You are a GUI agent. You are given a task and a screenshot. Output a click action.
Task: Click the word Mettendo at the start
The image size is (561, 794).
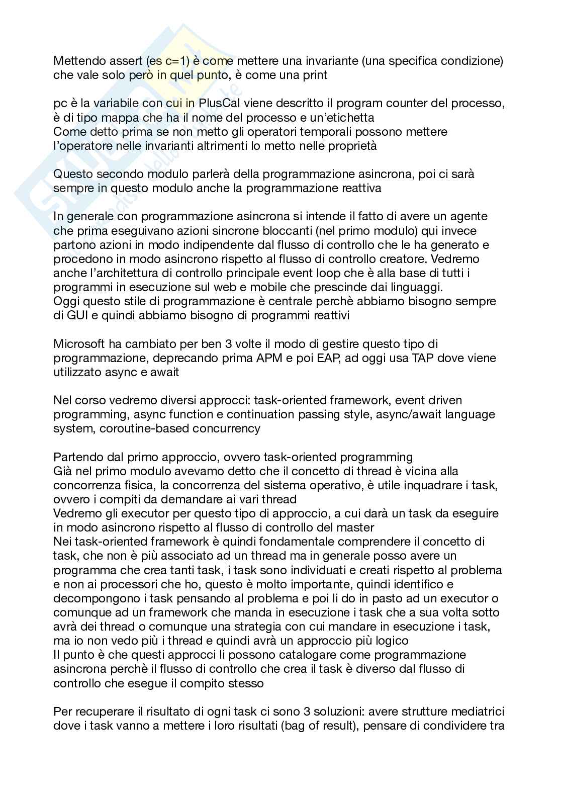pos(77,61)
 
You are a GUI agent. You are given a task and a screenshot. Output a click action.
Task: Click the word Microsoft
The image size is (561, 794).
pos(79,344)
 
